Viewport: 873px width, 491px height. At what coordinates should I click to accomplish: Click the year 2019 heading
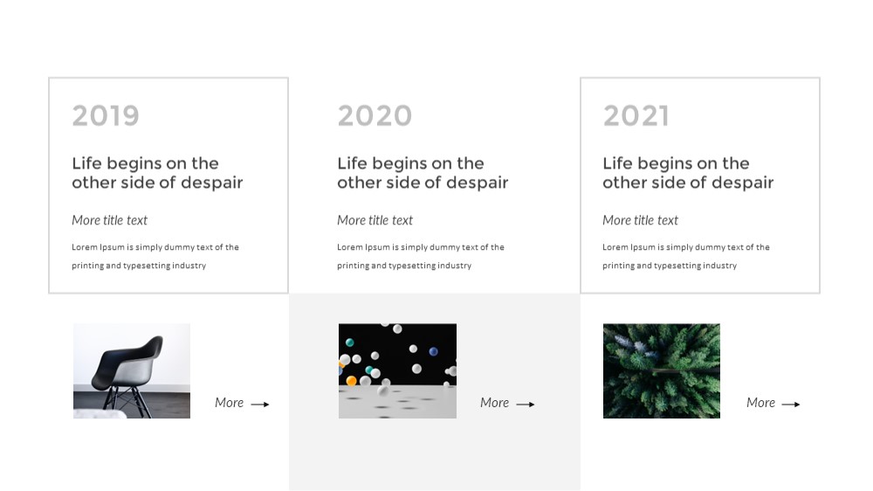[x=106, y=116]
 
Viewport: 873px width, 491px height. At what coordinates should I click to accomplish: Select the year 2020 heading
[x=375, y=116]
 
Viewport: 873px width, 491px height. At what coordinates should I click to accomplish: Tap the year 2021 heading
[x=636, y=116]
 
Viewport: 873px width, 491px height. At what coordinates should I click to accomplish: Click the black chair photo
[x=132, y=370]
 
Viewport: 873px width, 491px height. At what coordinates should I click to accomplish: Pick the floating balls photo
[x=397, y=370]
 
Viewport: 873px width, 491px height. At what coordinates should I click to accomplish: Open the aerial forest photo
[x=662, y=370]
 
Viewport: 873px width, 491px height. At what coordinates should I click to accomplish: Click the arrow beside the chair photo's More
[x=260, y=404]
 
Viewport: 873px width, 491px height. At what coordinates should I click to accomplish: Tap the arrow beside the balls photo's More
[x=526, y=404]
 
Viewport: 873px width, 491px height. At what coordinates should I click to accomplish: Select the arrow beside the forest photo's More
[x=791, y=404]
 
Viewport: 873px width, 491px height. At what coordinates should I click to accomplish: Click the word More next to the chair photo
[x=230, y=403]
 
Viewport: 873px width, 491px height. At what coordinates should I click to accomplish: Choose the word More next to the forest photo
[x=760, y=403]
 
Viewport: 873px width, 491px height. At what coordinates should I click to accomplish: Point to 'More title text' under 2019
[x=110, y=220]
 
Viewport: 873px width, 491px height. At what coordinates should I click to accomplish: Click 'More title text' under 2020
[x=375, y=220]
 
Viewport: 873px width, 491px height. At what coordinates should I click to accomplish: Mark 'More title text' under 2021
[x=640, y=220]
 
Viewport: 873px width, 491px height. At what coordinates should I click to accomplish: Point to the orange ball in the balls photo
[x=351, y=381]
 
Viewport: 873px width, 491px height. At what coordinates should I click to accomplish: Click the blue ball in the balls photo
[x=433, y=351]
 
